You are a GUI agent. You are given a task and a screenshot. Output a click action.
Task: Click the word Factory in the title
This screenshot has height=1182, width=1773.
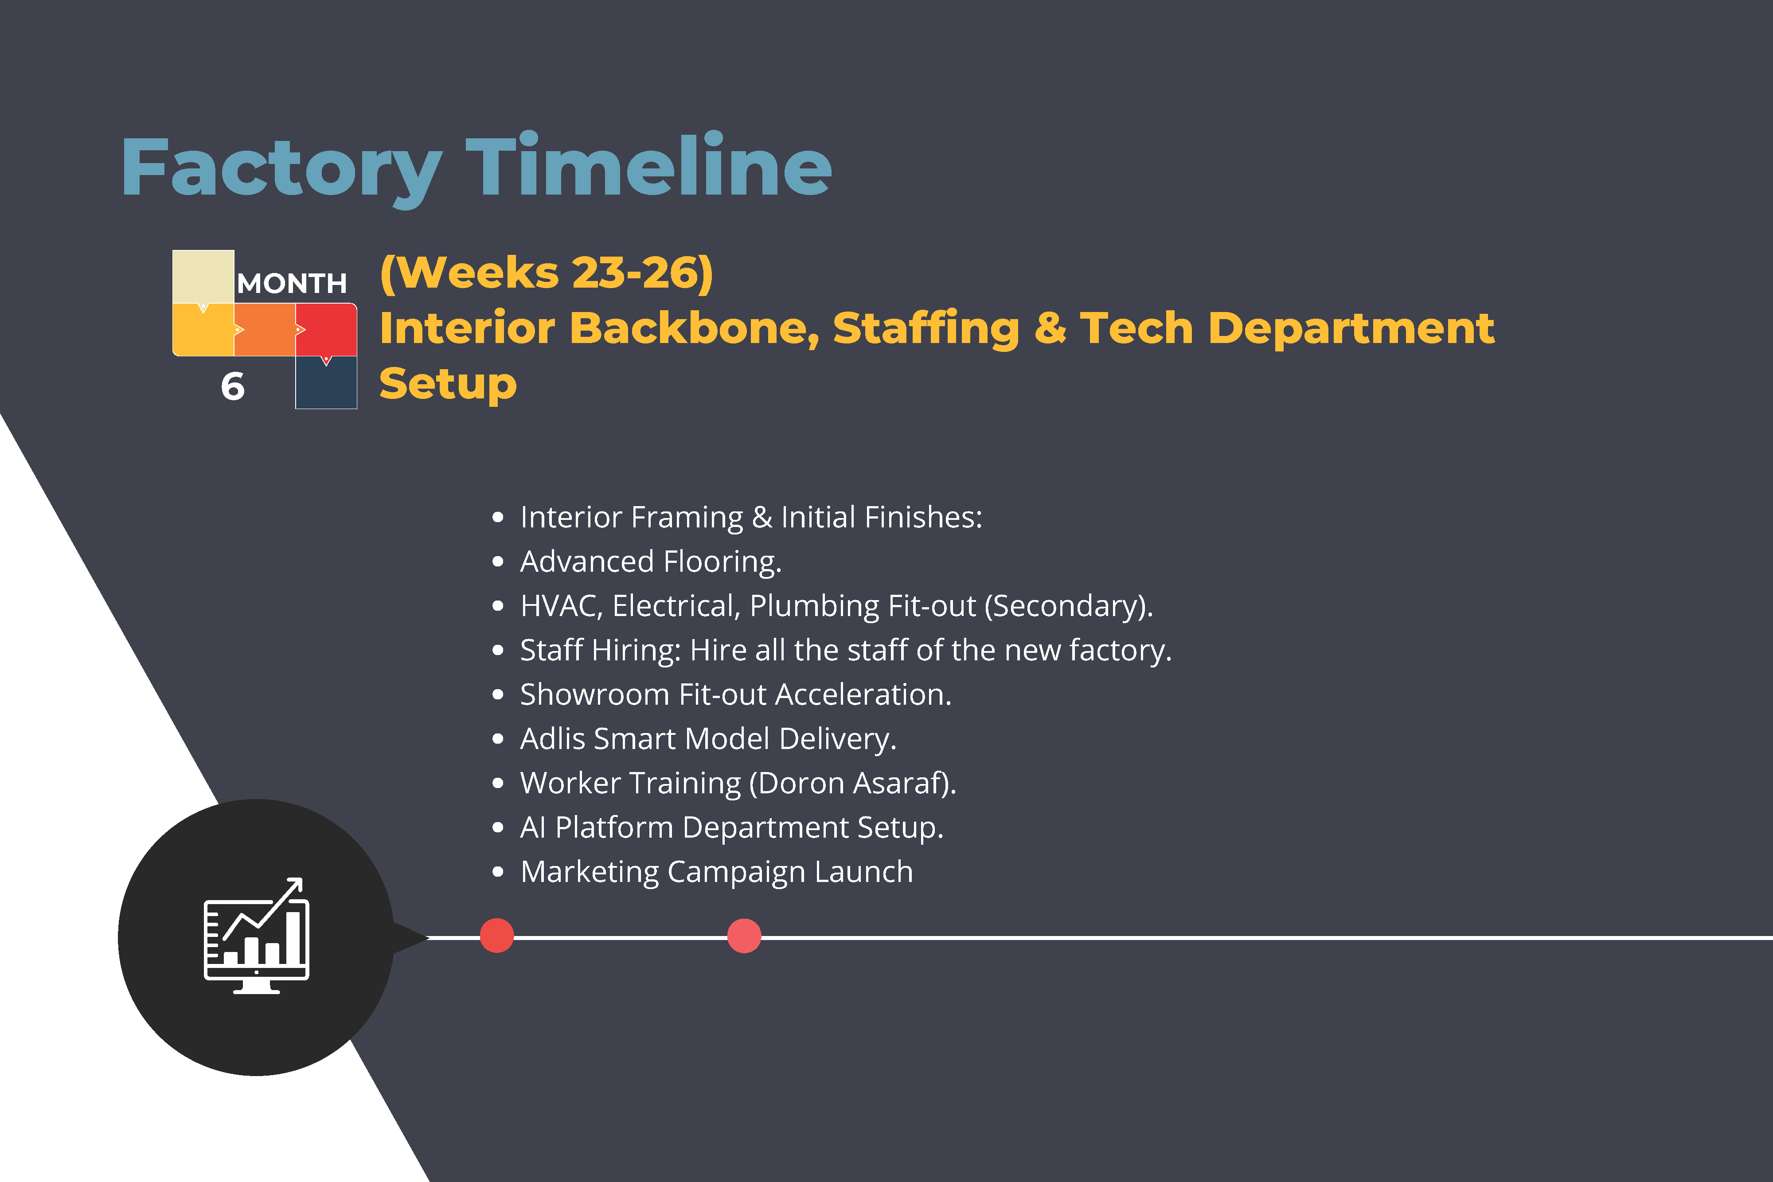coord(281,170)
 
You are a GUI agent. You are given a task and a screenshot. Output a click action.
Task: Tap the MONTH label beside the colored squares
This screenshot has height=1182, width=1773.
coord(292,284)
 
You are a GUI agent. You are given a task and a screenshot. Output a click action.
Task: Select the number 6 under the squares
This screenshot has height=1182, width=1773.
coord(233,387)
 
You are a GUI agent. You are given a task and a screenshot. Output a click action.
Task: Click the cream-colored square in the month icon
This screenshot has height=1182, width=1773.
coord(203,277)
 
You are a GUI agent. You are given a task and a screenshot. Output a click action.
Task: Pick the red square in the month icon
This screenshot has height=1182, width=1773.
coord(326,329)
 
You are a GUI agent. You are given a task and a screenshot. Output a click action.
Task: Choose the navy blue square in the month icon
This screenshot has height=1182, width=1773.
coord(326,382)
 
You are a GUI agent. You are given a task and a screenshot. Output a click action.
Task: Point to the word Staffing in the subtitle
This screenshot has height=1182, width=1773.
coord(926,329)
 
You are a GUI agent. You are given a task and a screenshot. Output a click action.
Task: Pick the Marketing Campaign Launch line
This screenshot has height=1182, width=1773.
coord(716,872)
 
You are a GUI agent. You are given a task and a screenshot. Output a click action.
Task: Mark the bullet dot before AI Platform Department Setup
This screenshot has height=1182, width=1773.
coord(497,828)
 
